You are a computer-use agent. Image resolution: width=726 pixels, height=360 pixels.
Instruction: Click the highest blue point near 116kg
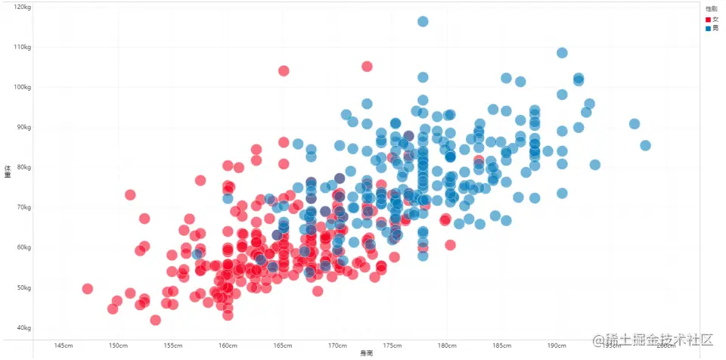click(x=423, y=21)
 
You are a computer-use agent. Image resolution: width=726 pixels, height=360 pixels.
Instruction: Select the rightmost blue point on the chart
click(x=645, y=145)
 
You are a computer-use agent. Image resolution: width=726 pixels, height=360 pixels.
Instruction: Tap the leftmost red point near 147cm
click(x=87, y=289)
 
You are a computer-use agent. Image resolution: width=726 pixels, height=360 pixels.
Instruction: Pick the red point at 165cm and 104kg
click(x=284, y=71)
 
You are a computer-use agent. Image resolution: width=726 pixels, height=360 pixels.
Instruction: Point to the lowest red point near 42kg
click(x=155, y=320)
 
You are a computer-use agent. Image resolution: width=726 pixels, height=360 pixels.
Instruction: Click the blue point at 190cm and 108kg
click(x=562, y=53)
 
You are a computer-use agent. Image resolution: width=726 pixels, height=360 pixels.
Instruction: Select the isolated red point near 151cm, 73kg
click(x=129, y=194)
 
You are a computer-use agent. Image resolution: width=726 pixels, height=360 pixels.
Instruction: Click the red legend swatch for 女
click(x=708, y=19)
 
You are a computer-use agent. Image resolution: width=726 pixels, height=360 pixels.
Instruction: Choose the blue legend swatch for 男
click(x=708, y=28)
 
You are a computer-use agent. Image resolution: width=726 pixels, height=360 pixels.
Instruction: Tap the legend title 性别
click(x=711, y=9)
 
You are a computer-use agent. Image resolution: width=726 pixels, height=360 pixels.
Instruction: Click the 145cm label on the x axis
click(x=64, y=346)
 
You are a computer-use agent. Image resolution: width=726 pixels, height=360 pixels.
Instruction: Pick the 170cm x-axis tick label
click(x=337, y=346)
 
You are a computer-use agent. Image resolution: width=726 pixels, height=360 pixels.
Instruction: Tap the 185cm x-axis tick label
click(x=501, y=346)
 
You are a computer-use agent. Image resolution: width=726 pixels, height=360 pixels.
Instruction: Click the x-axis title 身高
click(x=366, y=354)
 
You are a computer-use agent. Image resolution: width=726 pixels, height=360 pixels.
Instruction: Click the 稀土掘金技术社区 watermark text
click(x=653, y=341)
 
